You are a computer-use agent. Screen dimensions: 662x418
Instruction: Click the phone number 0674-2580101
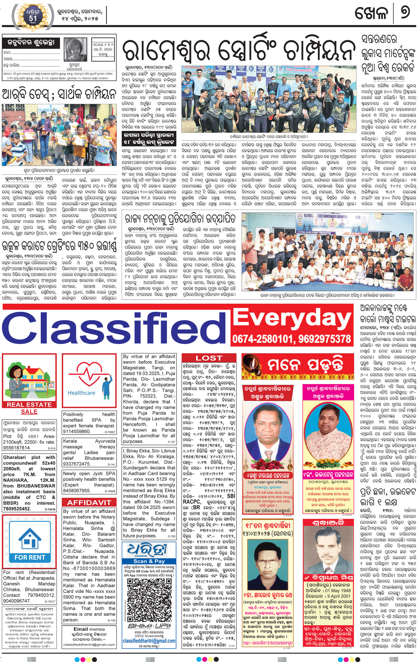(x=259, y=339)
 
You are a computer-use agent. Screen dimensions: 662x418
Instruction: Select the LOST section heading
(x=209, y=358)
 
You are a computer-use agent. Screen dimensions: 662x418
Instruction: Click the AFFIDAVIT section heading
(x=89, y=503)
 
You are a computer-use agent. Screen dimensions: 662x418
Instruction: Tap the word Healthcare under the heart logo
(x=82, y=393)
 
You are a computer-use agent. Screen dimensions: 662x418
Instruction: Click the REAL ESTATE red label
(x=29, y=405)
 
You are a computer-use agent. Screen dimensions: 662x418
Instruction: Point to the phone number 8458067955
(x=77, y=490)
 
